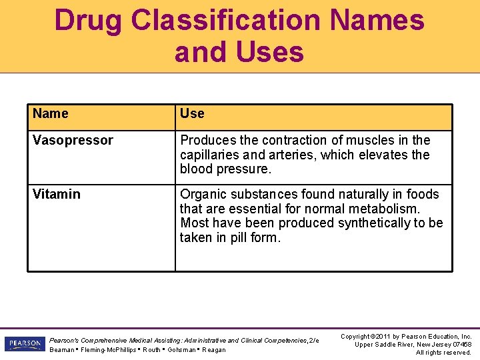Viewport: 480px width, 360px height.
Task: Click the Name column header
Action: click(51, 113)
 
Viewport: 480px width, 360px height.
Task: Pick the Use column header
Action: click(192, 113)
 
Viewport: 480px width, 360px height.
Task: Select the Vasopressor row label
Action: click(73, 141)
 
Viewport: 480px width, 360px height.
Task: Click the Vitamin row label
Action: click(57, 194)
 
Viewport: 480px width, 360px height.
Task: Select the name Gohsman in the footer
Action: click(182, 350)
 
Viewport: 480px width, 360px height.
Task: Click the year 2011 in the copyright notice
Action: click(383, 337)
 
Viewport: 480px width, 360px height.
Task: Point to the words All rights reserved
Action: click(443, 353)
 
